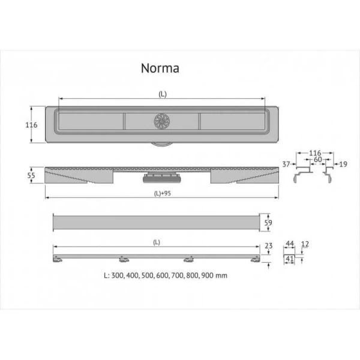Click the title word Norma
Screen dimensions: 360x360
(160, 68)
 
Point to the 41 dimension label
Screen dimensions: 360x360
(289, 259)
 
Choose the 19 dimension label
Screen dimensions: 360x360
(343, 163)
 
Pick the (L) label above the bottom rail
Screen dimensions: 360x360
(156, 242)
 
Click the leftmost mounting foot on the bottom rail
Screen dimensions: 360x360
(58, 259)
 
